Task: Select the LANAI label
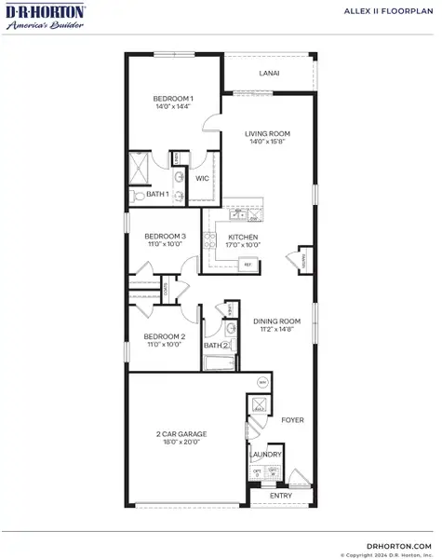pos(269,73)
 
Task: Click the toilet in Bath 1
pos(137,196)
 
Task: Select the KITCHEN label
pos(243,237)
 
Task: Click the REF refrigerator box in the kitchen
pos(248,265)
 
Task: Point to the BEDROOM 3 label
pos(165,237)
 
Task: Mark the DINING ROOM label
pos(275,321)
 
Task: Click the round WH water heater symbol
pos(263,383)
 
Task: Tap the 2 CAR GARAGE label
pos(184,434)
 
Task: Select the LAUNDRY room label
pos(265,456)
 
